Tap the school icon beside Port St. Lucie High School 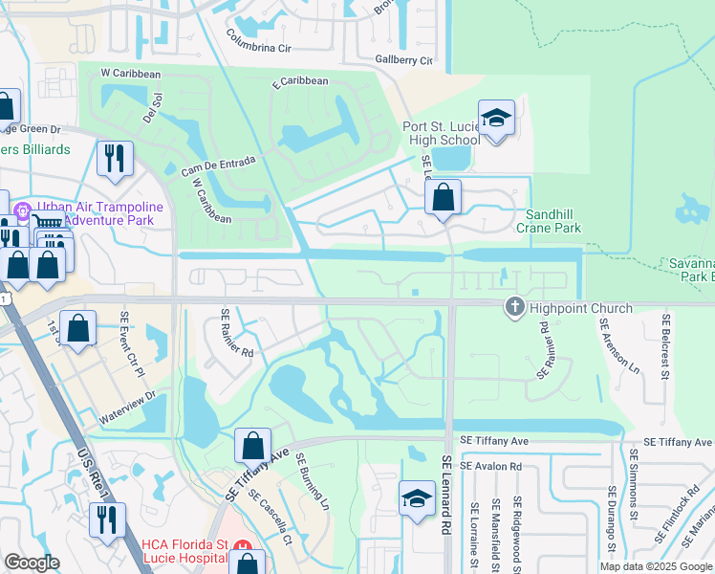496,120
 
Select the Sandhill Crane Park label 549,222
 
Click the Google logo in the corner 32,563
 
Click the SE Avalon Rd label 490,466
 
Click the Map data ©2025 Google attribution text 657,566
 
